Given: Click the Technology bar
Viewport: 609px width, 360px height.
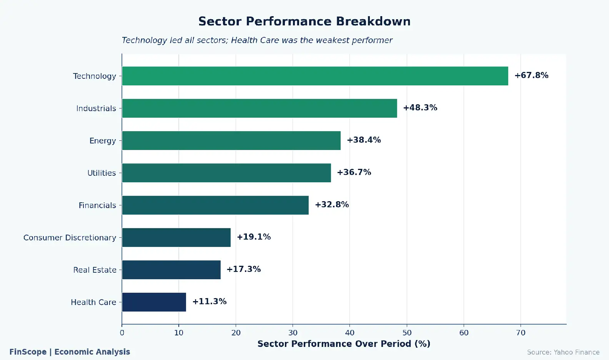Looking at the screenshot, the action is click(315, 76).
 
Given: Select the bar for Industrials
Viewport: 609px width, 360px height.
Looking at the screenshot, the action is click(260, 108).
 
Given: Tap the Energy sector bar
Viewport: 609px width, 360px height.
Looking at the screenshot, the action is click(231, 140).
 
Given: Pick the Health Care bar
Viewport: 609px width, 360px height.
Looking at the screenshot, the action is click(154, 302).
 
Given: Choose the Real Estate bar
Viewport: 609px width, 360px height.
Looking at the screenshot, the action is click(171, 270).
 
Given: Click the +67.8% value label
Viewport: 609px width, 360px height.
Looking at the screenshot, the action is click(531, 75).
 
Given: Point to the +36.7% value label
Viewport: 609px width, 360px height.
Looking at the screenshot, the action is click(354, 172).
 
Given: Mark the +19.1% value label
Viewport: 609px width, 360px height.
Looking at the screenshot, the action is click(254, 237).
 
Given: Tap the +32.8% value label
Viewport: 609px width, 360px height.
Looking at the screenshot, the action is click(332, 205).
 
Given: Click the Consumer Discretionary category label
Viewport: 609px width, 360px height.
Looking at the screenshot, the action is click(70, 238).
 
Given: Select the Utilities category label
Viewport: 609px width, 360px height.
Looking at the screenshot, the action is click(101, 173).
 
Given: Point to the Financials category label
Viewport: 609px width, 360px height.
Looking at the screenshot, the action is click(97, 205).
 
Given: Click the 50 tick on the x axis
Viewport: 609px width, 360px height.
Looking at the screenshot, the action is click(407, 333).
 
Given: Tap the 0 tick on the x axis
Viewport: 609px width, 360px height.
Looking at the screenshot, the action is click(122, 333).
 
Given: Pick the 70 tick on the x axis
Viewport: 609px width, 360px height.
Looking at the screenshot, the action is click(521, 333).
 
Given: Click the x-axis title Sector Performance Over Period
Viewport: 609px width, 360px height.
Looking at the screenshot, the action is click(344, 344).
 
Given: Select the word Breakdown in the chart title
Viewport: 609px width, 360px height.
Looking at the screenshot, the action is click(373, 22).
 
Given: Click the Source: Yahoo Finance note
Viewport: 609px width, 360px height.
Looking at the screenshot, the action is click(563, 352).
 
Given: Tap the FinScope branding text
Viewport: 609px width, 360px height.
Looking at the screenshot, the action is click(28, 352).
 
